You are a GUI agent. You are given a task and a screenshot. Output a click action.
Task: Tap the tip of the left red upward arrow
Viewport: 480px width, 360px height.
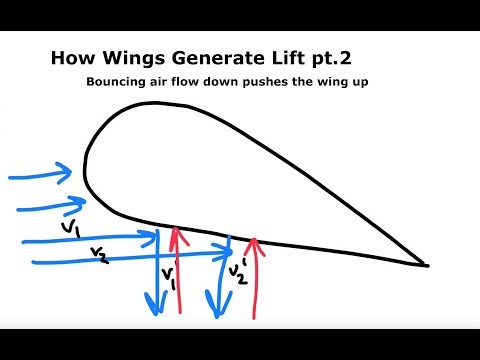coord(178,231)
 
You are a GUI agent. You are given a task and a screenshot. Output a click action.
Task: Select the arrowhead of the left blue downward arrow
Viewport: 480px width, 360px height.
coord(154,306)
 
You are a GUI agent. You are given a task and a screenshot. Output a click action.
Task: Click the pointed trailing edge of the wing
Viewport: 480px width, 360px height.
coord(427,266)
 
